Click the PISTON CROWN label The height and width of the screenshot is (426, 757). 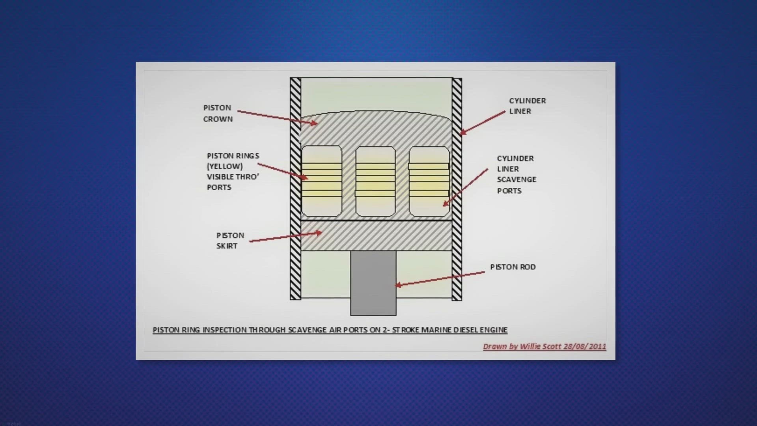(218, 113)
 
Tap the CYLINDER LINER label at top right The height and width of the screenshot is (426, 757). (528, 106)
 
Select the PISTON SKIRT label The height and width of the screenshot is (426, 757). (230, 241)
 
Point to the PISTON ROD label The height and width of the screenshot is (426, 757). (513, 267)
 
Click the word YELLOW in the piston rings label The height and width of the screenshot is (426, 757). (225, 166)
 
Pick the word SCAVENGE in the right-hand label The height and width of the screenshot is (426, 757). (516, 179)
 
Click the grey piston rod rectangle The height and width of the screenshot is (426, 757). (373, 283)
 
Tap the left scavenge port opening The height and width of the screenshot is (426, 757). (322, 181)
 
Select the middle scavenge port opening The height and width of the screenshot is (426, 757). (375, 181)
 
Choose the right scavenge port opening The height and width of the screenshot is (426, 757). (429, 181)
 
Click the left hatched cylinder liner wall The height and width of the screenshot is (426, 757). (295, 189)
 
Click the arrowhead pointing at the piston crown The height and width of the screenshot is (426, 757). (314, 123)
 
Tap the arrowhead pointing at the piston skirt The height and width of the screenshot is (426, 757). (318, 233)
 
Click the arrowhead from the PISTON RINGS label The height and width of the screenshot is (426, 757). (304, 177)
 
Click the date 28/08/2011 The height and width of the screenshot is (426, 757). (585, 346)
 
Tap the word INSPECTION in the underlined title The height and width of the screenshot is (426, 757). (224, 330)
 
